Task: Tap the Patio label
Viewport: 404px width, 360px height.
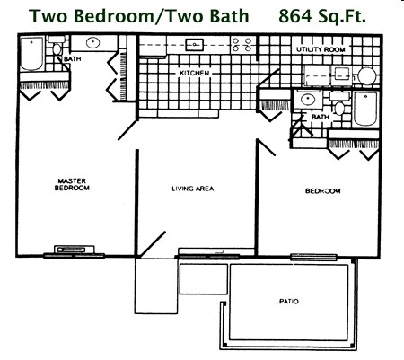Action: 288,302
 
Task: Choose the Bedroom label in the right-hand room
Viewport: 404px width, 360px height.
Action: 321,190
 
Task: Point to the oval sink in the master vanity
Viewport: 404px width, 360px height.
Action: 93,42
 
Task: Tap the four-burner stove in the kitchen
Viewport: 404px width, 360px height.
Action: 242,44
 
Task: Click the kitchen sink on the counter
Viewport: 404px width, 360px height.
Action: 193,43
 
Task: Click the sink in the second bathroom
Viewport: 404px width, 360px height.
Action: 308,100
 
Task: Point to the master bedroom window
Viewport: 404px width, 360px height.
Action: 67,251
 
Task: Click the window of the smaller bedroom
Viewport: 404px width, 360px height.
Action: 308,258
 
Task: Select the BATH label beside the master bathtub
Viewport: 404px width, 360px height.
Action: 71,60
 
